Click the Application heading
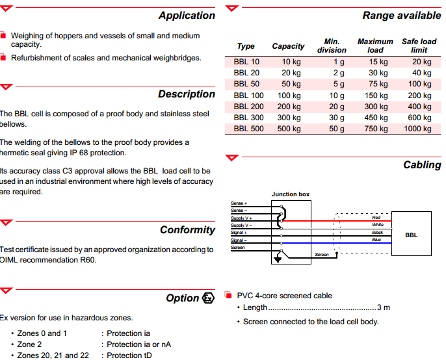187,16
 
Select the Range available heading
401,16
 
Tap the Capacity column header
288,46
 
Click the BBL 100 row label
248,96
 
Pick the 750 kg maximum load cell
376,129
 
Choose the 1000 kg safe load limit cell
417,129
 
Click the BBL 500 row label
248,129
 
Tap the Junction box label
291,194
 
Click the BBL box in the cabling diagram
411,235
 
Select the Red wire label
376,217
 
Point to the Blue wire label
376,240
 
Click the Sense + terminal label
240,203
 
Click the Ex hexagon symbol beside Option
208,298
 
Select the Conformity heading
187,230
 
